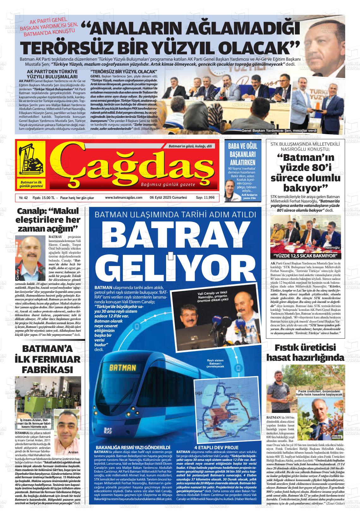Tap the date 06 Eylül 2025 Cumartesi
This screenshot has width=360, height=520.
coord(168,198)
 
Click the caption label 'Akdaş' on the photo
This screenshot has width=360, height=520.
coord(337,437)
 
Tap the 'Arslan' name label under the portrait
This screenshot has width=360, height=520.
coord(73,452)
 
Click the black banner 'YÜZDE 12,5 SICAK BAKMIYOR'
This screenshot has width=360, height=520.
coord(306,256)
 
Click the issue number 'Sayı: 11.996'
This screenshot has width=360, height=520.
coord(205,198)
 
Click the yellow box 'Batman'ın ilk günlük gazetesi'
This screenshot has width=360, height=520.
coord(31,184)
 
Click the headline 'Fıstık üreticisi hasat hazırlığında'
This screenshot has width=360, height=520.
coord(305,353)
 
